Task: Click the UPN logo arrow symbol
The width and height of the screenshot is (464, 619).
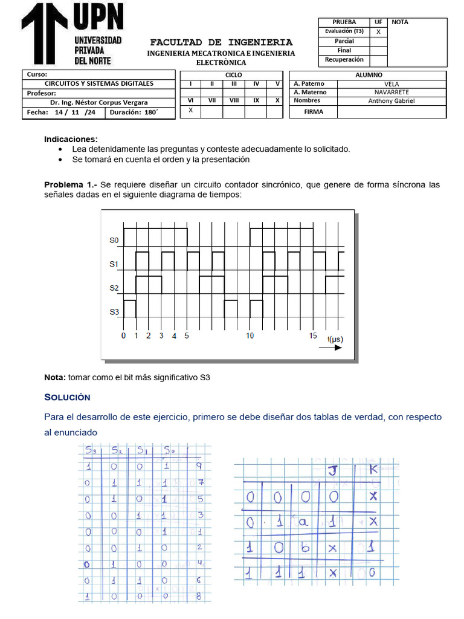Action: [45, 33]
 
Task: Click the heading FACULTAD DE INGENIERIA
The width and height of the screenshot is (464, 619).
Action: [221, 42]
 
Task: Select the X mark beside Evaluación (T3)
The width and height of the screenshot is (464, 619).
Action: [378, 31]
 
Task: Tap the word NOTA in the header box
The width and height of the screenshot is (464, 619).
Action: [400, 22]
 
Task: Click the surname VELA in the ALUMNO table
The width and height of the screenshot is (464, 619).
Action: [391, 84]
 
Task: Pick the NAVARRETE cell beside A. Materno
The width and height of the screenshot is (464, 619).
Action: [391, 92]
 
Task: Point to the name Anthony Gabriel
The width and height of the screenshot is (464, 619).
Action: [391, 101]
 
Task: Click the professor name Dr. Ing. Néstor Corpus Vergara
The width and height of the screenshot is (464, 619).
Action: [98, 102]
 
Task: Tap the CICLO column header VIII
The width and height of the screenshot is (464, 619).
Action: [234, 101]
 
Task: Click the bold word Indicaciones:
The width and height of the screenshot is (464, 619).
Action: [71, 139]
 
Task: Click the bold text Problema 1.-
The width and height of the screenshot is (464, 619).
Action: [71, 184]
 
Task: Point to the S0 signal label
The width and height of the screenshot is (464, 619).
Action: [114, 241]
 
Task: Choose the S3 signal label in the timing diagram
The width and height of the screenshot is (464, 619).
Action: [114, 312]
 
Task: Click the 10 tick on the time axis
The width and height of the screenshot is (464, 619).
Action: [250, 335]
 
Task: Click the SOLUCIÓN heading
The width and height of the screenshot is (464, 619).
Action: [67, 397]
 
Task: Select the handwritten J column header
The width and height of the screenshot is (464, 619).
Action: [332, 471]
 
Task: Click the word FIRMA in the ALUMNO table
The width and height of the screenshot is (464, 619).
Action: [314, 112]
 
